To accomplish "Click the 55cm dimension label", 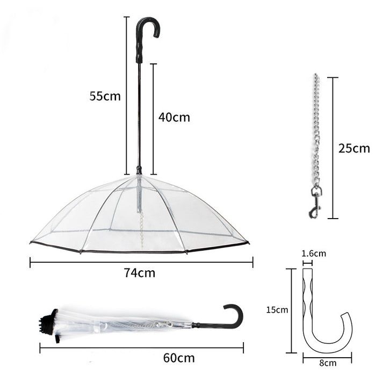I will coord(105,96).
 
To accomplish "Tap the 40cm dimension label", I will coord(173,117).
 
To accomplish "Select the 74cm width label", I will coord(139,273).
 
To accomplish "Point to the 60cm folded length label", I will coord(178,357).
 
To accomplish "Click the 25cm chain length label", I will coord(354,148).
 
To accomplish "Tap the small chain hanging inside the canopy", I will coord(142,228).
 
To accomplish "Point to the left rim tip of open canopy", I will coord(32,242).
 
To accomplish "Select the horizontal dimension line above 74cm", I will coord(141,263).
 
